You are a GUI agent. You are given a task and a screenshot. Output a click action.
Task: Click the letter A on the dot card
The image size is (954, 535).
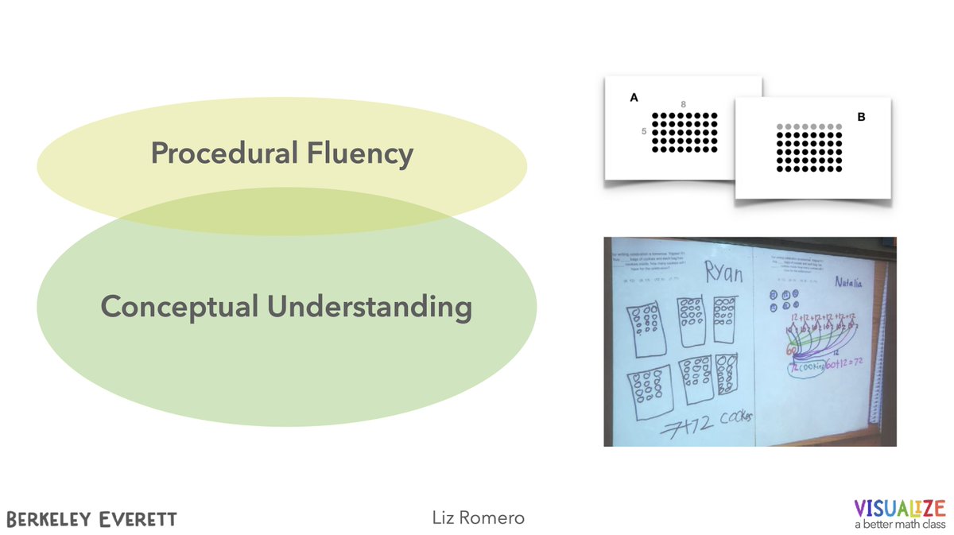pos(634,98)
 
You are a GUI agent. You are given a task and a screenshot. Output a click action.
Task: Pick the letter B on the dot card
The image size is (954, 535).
pos(860,117)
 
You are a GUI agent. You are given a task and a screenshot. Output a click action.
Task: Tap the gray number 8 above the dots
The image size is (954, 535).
pos(684,104)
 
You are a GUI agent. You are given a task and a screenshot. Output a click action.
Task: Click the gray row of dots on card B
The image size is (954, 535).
pos(808,126)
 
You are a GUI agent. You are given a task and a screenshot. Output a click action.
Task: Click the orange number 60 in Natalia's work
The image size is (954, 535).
pos(793,351)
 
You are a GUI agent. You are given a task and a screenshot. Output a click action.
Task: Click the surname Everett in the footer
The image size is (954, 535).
pos(141,519)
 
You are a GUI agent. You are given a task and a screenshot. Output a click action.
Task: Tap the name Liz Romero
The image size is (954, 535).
pos(476,518)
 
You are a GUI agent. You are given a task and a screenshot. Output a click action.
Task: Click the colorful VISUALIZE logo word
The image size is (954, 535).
pos(899,508)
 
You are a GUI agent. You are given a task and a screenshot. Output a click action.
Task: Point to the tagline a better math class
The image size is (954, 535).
pos(899,525)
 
